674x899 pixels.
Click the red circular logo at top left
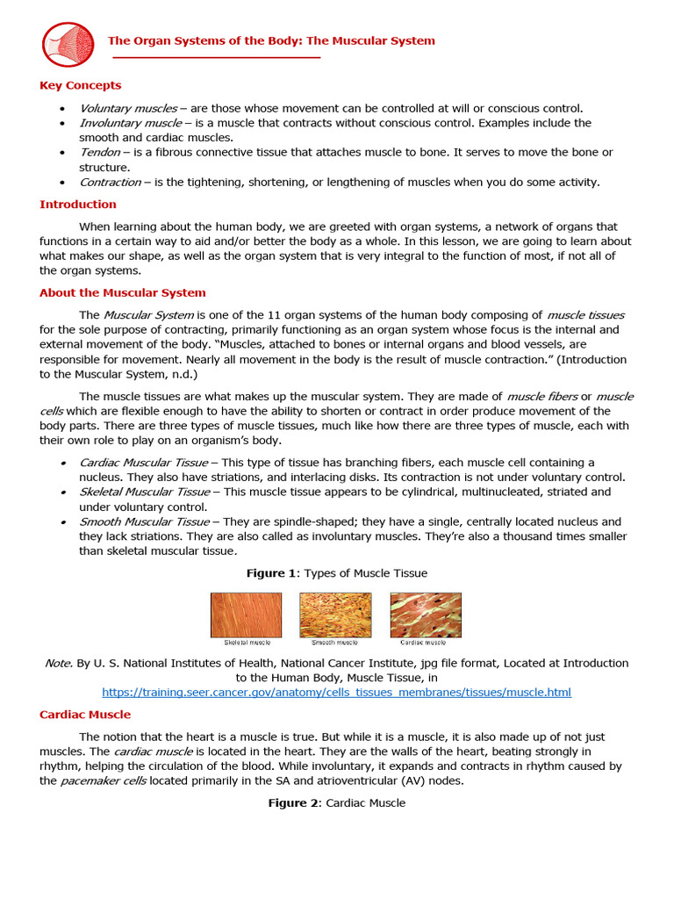[68, 45]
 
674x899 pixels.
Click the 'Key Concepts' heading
[80, 85]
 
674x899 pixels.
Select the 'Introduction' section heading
[77, 205]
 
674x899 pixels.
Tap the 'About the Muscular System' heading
[122, 293]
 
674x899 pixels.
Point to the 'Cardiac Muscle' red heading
[84, 715]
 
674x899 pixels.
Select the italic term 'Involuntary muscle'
[130, 123]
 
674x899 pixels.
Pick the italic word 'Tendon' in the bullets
[99, 152]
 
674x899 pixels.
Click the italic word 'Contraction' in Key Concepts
[110, 182]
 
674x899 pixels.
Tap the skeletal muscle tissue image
[246, 615]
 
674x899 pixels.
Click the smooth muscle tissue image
[335, 615]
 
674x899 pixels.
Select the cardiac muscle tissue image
[426, 615]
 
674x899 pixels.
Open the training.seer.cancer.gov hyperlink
[336, 693]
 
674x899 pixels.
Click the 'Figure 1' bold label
[271, 573]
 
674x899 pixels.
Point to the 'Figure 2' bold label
[293, 802]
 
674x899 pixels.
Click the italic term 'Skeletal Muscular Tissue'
[144, 492]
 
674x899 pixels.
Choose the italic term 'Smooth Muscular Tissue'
[144, 521]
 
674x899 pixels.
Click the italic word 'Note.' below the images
[59, 663]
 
